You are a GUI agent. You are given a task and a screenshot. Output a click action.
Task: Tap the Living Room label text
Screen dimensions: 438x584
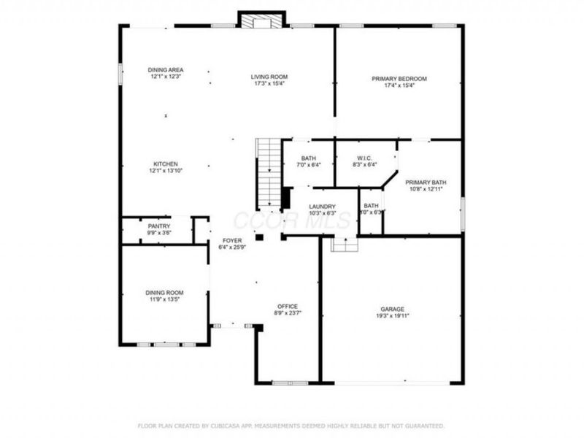tap(269, 77)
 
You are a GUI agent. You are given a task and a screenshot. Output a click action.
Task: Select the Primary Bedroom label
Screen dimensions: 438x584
tap(399, 78)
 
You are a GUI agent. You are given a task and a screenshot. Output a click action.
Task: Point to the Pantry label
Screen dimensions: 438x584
tap(158, 226)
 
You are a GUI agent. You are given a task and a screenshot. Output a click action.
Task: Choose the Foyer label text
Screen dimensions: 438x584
tap(233, 240)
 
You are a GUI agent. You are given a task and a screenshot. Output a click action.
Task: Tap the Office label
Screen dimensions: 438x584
tap(287, 306)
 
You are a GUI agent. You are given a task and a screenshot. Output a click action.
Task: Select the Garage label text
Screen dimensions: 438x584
tap(391, 309)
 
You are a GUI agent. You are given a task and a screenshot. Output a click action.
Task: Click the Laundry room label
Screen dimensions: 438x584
tap(322, 207)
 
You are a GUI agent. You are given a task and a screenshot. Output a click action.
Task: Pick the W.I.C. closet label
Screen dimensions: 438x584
tap(366, 158)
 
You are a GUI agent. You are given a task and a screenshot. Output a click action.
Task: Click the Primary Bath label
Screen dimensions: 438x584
tap(426, 182)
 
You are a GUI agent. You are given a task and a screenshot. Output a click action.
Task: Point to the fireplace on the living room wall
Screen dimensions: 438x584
tap(261, 20)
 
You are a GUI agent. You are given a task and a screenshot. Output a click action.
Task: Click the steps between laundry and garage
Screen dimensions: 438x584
tap(342, 245)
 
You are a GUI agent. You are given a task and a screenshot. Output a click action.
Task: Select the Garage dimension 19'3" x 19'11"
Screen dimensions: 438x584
tap(391, 316)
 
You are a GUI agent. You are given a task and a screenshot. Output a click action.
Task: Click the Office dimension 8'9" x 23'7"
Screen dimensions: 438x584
tap(287, 313)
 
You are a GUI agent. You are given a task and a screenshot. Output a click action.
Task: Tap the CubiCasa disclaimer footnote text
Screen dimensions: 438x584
tap(291, 425)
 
